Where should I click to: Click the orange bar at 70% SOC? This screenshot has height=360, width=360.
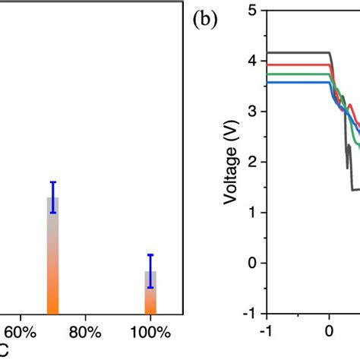(x=53, y=258)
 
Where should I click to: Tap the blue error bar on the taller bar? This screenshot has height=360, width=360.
(x=53, y=197)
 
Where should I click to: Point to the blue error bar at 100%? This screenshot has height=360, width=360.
(x=150, y=271)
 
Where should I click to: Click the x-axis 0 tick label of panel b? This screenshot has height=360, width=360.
(x=329, y=331)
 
